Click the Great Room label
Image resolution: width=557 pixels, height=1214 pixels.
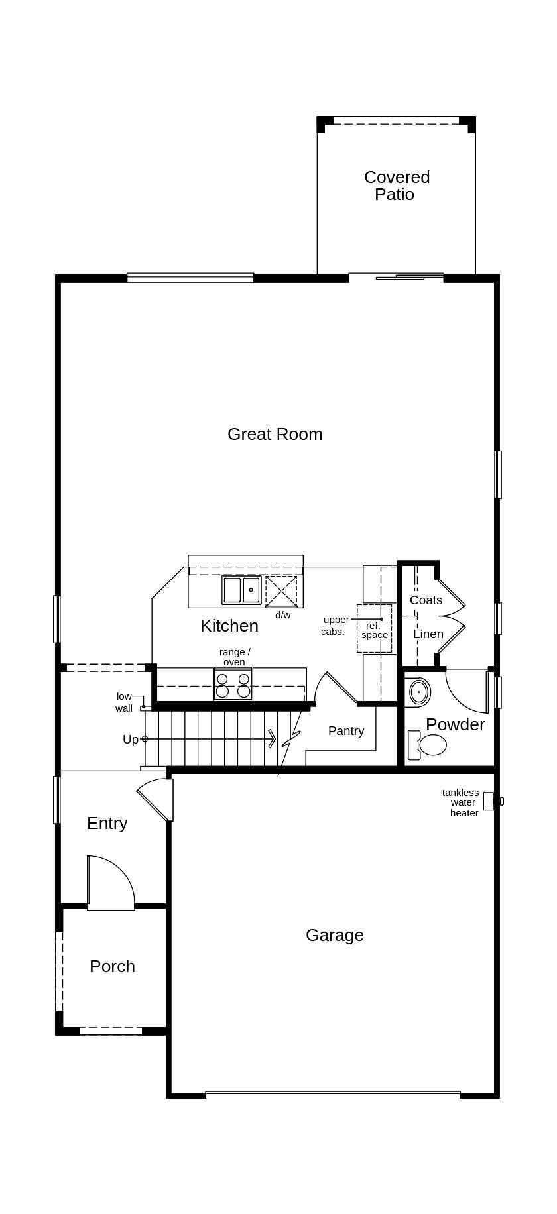click(x=275, y=434)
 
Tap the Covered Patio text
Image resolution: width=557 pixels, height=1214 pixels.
click(x=397, y=186)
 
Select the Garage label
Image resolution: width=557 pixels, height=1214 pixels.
click(x=334, y=935)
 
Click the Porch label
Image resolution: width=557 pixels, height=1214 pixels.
click(x=112, y=966)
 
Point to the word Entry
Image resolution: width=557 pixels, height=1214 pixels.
click(x=107, y=823)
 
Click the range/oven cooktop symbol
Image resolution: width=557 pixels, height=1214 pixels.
click(x=233, y=685)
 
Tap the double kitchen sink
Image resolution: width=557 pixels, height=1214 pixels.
click(x=241, y=590)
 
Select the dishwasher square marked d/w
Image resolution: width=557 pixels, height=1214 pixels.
click(x=281, y=591)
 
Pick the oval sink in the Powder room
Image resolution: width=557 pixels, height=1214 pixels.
click(x=419, y=692)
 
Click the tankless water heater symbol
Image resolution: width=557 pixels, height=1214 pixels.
click(x=489, y=801)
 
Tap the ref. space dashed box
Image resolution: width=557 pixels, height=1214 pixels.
click(x=374, y=629)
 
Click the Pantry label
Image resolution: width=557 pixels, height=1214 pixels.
click(x=345, y=731)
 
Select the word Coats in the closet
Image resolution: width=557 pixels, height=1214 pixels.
click(x=426, y=600)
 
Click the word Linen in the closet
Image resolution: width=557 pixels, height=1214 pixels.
click(x=428, y=634)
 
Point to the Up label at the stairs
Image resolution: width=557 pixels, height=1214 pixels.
click(x=131, y=739)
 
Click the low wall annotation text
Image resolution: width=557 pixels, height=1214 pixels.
click(x=124, y=702)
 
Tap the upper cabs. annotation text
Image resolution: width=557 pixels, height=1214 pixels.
click(x=335, y=626)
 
